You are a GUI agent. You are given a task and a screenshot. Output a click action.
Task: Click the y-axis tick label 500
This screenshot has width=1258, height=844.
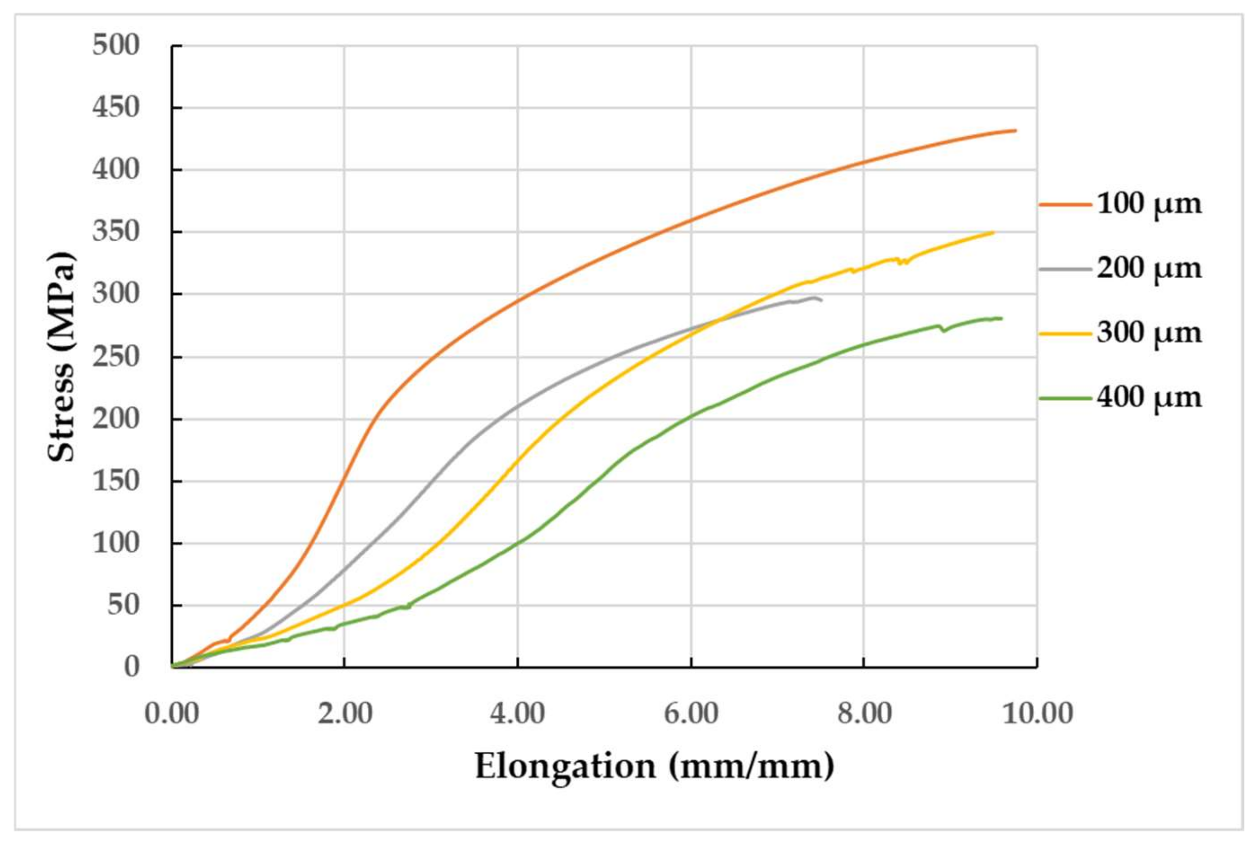tap(116, 45)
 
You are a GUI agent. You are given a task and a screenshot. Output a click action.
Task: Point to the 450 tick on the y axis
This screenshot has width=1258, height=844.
tap(116, 107)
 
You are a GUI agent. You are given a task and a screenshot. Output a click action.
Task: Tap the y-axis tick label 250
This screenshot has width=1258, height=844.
tap(116, 357)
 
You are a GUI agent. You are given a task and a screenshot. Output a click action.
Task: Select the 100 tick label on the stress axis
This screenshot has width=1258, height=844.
tap(116, 544)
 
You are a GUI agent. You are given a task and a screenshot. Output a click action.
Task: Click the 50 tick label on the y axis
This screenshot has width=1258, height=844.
tap(123, 606)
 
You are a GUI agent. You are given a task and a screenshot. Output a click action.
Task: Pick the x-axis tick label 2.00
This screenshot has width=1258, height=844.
tap(345, 714)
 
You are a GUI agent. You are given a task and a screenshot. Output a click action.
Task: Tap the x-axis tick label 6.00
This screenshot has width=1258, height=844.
tap(691, 714)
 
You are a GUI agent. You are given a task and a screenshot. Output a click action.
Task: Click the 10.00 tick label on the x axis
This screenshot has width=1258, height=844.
tap(1038, 714)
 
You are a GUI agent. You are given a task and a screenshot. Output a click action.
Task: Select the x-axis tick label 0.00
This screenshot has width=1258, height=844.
tap(172, 714)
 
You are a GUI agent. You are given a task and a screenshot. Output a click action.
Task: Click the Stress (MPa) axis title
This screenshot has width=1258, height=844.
tap(60, 357)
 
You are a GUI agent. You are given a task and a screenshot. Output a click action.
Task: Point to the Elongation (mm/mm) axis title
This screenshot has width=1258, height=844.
tap(654, 767)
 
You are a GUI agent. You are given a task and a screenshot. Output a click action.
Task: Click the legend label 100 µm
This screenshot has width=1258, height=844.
tap(1149, 204)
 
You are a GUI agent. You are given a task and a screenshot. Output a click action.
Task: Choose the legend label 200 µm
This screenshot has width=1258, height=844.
tap(1149, 268)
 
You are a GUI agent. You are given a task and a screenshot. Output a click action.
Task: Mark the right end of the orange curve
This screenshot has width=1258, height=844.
tap(1016, 130)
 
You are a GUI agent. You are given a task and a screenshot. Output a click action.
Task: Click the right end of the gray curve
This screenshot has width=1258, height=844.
tap(821, 300)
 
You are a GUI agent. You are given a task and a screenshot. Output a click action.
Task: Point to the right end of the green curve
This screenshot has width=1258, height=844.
tap(1002, 319)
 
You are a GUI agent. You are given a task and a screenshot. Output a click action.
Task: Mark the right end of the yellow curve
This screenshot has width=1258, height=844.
tap(993, 233)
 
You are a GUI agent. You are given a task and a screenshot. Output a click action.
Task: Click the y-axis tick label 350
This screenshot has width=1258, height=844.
tap(116, 232)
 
